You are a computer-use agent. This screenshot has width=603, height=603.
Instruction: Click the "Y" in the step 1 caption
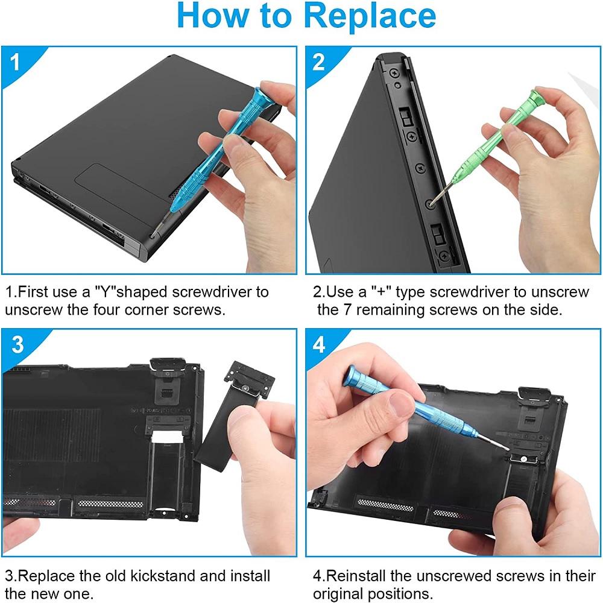click(102, 292)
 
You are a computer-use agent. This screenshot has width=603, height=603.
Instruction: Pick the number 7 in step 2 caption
click(346, 311)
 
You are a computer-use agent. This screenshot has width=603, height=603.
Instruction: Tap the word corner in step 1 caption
click(155, 311)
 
